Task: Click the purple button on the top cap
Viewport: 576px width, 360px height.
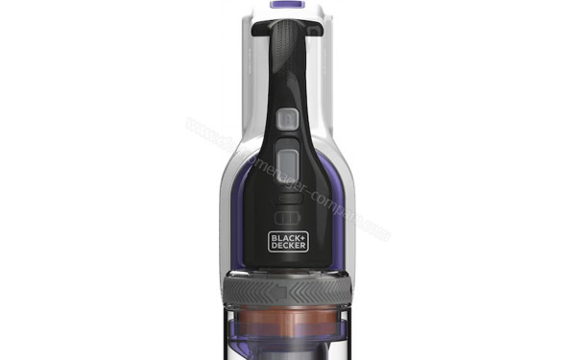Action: [285, 5]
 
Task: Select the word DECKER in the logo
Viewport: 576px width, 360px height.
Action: [287, 246]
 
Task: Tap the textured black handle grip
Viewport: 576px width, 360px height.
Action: [287, 58]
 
